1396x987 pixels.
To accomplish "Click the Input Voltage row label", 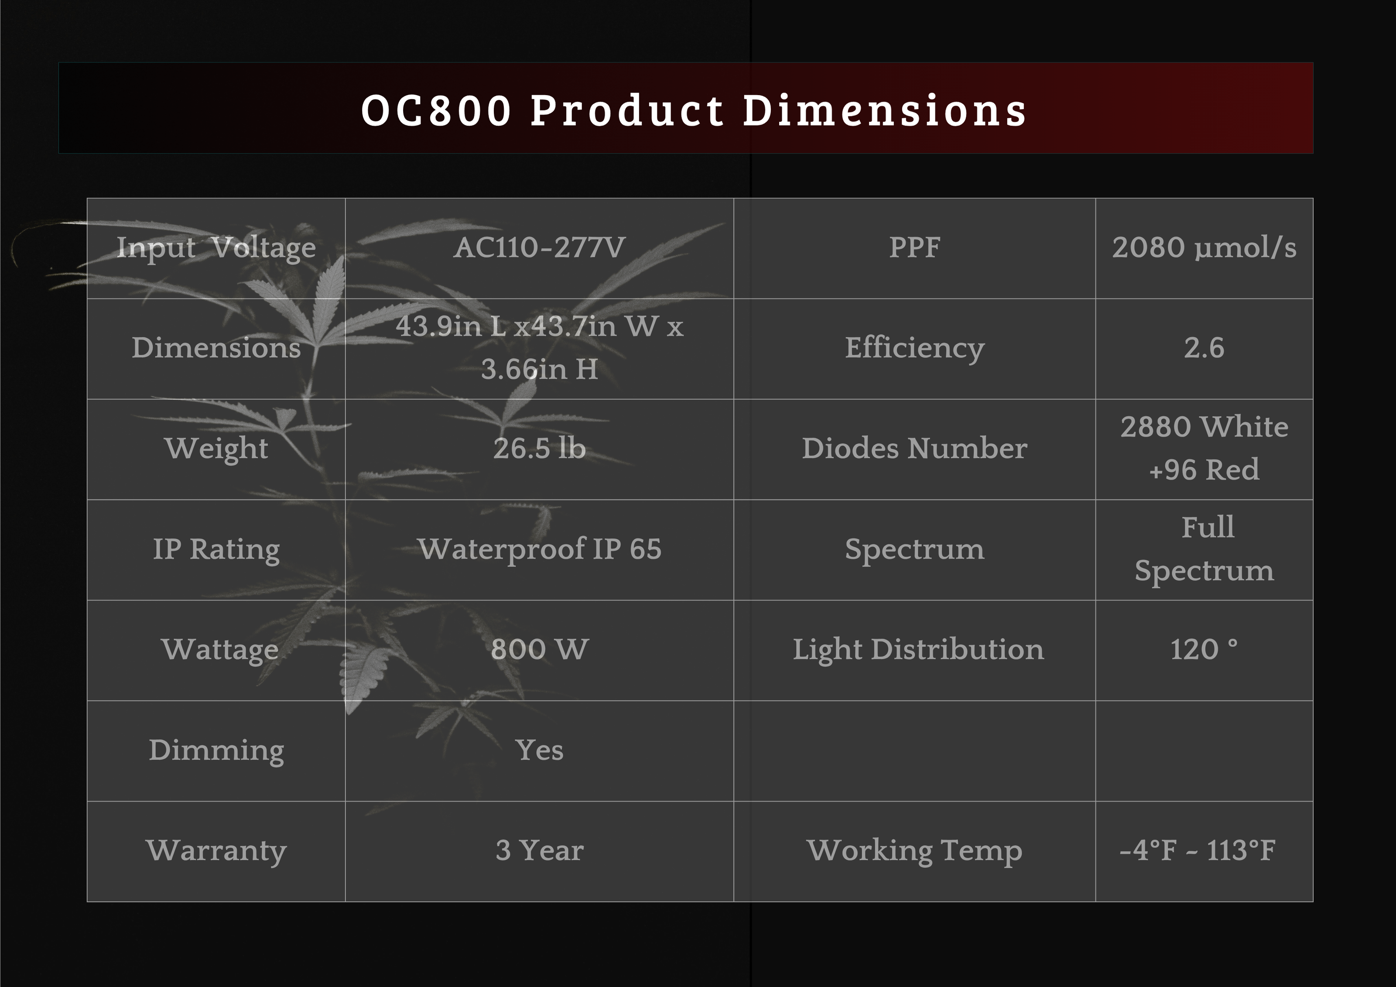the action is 216,249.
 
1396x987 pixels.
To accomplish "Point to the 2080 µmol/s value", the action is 1204,248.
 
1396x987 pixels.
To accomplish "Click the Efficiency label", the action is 914,349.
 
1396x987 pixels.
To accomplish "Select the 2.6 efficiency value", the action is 1204,349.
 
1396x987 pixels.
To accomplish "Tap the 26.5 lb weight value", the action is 539,449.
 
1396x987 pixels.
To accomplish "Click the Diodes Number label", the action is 914,449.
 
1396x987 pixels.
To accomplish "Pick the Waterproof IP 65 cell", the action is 539,550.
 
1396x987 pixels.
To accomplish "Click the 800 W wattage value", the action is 539,649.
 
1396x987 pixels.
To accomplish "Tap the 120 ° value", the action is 1204,649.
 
